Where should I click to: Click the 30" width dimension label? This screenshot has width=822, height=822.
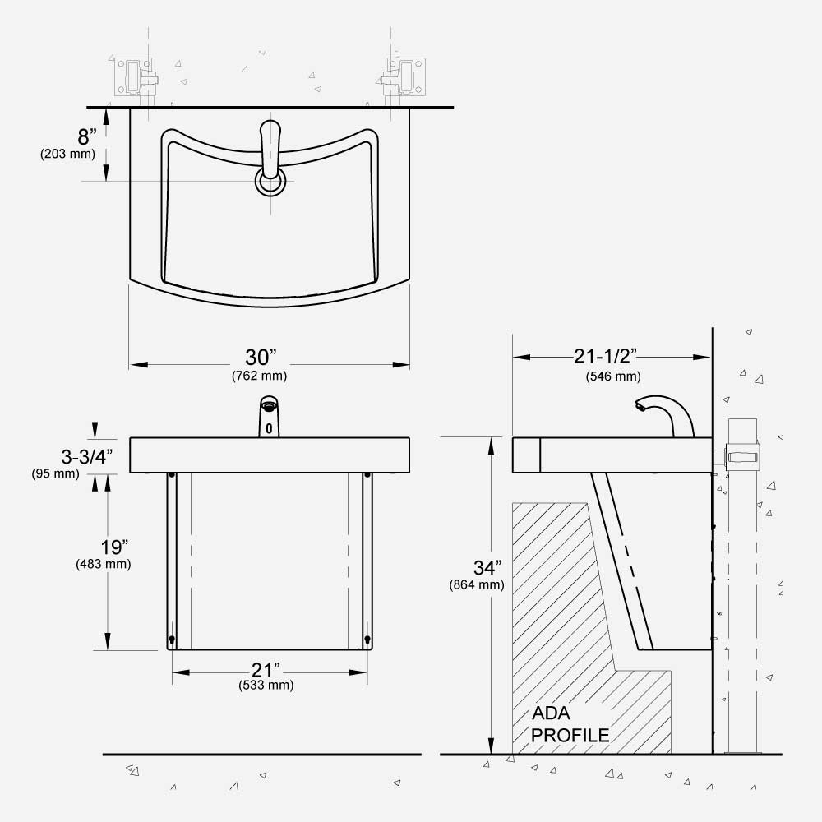tap(261, 358)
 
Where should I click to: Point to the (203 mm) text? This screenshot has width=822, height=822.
tap(67, 154)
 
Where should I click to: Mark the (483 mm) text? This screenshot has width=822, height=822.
tap(104, 565)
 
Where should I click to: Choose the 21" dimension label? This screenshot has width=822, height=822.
tap(266, 669)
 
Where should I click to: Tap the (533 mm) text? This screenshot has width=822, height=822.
tap(266, 685)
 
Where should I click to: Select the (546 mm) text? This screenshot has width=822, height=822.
tap(613, 376)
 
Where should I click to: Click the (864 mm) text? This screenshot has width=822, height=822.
tap(477, 585)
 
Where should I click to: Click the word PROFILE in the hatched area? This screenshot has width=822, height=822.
tap(570, 735)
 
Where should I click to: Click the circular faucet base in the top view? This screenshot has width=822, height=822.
tap(270, 180)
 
